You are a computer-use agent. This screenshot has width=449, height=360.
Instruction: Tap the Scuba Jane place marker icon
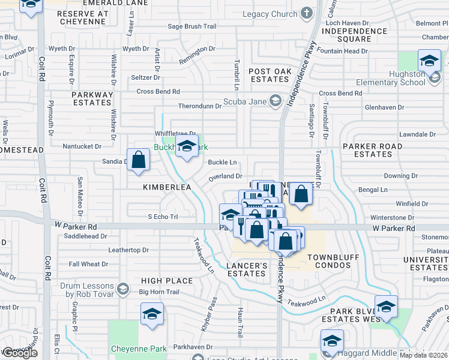(x=276, y=100)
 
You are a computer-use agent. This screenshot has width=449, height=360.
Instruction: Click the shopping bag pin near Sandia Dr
(x=139, y=161)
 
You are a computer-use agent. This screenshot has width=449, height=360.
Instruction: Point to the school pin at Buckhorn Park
(x=187, y=146)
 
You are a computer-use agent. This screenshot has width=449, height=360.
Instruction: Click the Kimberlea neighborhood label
(x=166, y=187)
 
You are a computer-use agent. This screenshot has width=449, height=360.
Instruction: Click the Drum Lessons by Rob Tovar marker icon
(x=123, y=289)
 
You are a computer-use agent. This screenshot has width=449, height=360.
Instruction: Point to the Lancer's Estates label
(x=247, y=269)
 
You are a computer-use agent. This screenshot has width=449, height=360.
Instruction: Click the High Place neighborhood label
(x=167, y=280)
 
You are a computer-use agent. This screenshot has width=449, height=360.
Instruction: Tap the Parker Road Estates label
(x=372, y=150)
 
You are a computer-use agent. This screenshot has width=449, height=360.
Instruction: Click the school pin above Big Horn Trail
(x=152, y=314)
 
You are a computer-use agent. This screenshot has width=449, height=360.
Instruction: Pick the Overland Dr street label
(x=224, y=176)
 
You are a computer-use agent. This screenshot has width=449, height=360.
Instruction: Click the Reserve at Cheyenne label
(x=83, y=17)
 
